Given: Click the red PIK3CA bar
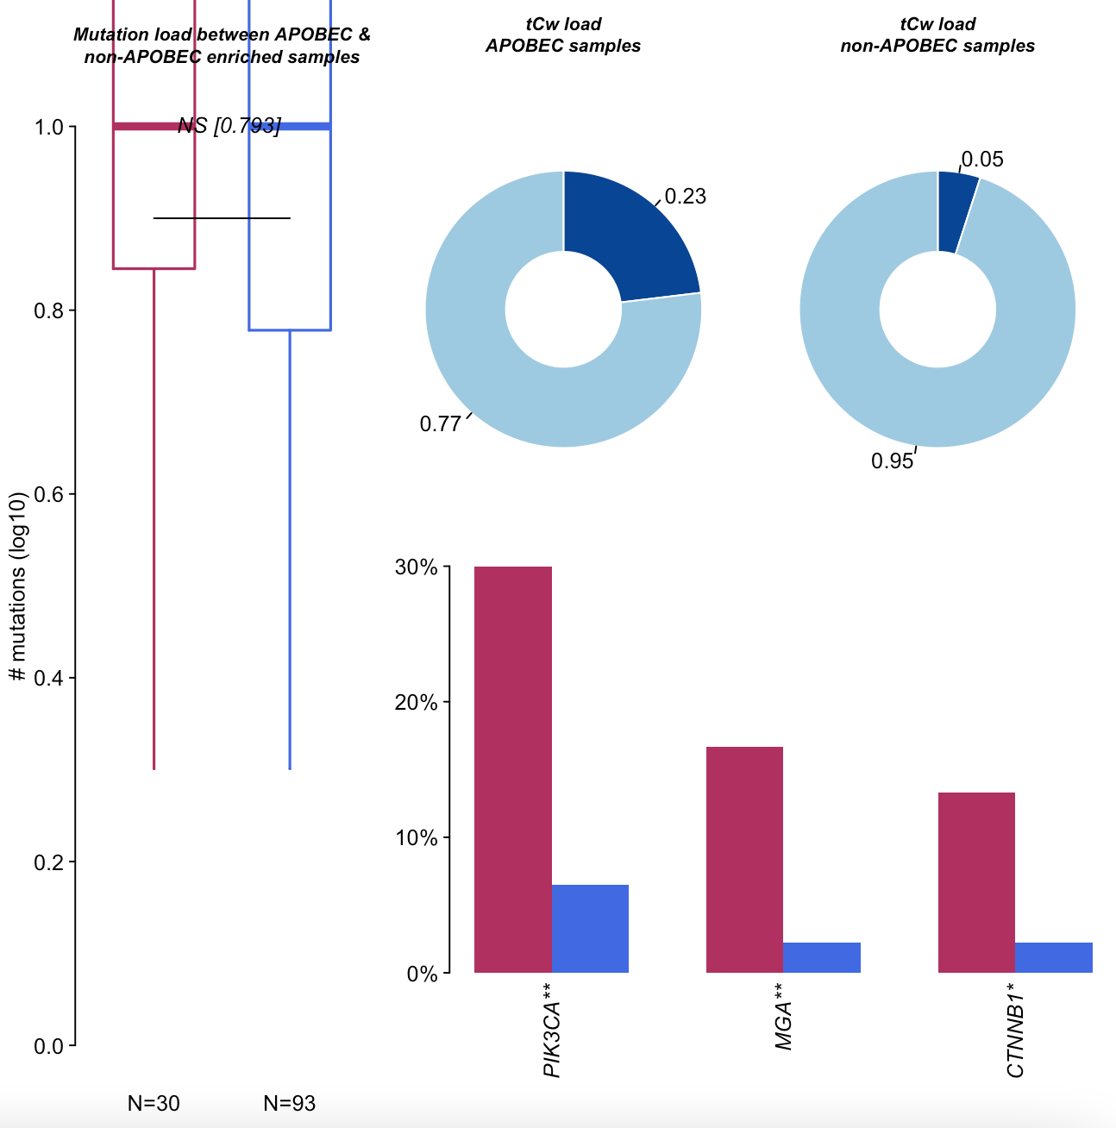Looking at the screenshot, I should click(x=513, y=769).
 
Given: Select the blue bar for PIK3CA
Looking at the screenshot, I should click(x=590, y=929).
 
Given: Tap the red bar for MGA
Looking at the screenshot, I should click(x=744, y=860).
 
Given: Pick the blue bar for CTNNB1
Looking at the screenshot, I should click(x=1053, y=957).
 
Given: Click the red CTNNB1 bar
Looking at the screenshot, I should click(x=975, y=882).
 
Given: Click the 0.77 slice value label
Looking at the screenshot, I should click(x=440, y=424).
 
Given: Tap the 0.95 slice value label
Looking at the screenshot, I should click(x=892, y=461).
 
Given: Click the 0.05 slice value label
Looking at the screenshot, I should click(x=982, y=160).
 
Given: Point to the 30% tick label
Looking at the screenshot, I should click(x=417, y=567).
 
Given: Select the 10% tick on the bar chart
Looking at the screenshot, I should click(x=417, y=838).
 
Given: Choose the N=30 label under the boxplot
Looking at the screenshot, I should click(x=154, y=1103).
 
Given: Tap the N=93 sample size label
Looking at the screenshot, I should click(x=290, y=1103).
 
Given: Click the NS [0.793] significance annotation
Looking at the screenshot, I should click(x=229, y=126).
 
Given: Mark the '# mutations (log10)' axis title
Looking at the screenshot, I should click(x=17, y=586).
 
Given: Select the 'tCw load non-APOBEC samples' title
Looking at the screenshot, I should click(x=937, y=35).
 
